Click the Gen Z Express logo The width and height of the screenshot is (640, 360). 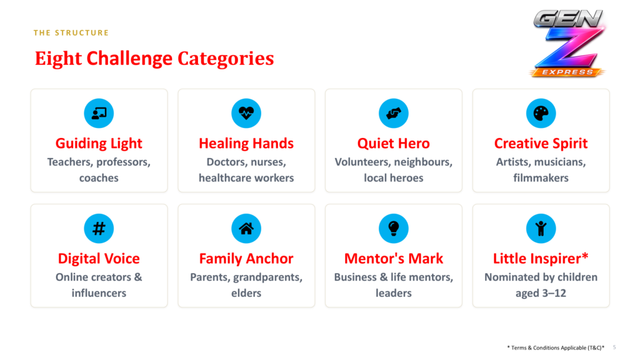[568, 43]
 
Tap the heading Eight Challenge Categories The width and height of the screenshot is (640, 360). [154, 58]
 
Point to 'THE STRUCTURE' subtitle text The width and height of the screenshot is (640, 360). [71, 32]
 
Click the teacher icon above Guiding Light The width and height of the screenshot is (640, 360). [99, 113]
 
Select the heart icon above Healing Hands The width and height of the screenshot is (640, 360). [246, 113]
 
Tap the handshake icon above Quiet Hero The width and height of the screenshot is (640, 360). [394, 113]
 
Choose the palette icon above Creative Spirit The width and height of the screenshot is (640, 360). [541, 113]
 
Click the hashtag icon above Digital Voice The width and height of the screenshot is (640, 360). [99, 228]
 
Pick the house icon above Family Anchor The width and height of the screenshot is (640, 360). [246, 228]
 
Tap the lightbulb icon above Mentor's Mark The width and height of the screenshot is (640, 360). [394, 228]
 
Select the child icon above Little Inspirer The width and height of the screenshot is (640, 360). [541, 228]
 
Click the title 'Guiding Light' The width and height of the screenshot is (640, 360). [99, 144]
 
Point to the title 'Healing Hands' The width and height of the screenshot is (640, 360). [246, 144]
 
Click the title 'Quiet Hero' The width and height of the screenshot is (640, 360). [394, 144]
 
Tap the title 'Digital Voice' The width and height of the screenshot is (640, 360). [99, 259]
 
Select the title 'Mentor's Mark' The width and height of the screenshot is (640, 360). [394, 259]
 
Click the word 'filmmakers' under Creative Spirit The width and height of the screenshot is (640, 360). [541, 178]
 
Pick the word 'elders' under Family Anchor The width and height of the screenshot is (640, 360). [246, 293]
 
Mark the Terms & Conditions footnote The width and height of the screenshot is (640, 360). [556, 347]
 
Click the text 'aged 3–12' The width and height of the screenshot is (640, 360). [541, 294]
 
